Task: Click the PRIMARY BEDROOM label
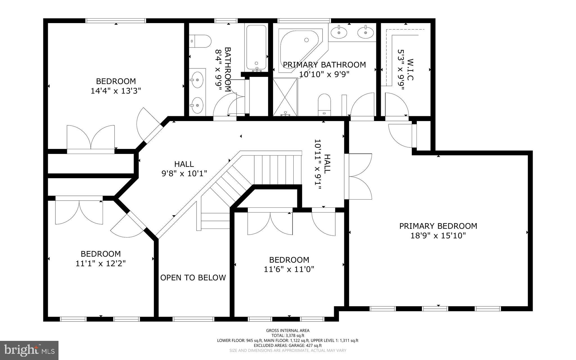point(438,226)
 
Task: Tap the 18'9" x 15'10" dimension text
point(438,236)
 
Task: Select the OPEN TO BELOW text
point(193,278)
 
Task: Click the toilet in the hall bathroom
point(201,41)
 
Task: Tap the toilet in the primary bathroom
point(324,104)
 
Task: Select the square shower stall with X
point(285,97)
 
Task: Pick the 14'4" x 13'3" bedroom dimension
point(116,91)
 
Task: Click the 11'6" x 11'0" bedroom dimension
point(289,269)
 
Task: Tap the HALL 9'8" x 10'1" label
point(184,169)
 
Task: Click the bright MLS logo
point(29,350)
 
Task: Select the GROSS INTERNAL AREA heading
point(288,330)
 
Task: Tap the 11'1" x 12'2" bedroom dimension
point(100,263)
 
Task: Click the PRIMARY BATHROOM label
point(324,65)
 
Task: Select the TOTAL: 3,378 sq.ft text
point(288,336)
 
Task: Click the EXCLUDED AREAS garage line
point(288,345)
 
